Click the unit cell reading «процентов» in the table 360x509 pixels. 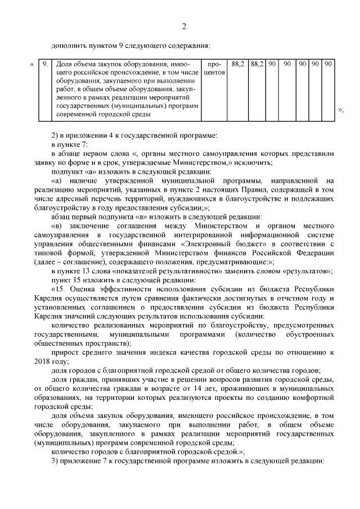(x=214, y=69)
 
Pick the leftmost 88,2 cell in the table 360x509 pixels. (x=237, y=65)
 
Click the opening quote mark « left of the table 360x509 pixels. (x=31, y=65)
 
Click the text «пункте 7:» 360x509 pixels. (x=73, y=145)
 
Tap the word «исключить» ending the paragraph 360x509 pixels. (x=253, y=163)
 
